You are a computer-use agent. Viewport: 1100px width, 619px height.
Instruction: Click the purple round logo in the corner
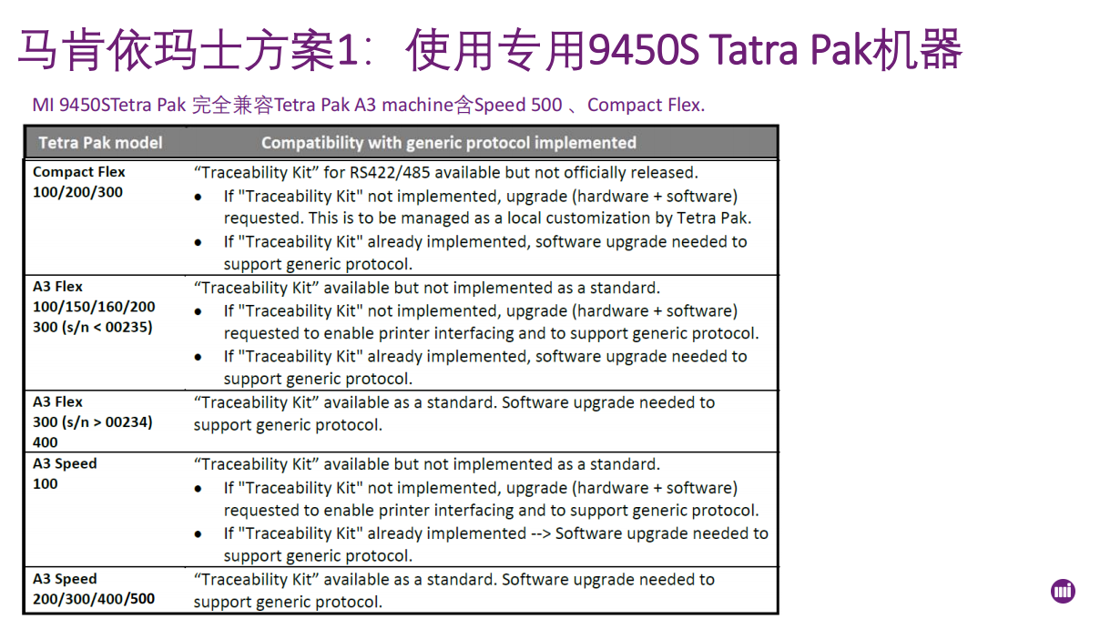point(1063,591)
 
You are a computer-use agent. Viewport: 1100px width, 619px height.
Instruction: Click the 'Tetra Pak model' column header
point(100,143)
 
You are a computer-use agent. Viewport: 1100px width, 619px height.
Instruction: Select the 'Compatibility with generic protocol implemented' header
point(449,143)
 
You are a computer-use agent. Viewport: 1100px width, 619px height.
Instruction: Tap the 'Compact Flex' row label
point(79,172)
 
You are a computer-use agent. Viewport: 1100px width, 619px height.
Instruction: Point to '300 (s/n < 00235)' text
point(93,327)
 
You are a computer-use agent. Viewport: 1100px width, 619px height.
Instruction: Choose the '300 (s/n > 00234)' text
point(93,422)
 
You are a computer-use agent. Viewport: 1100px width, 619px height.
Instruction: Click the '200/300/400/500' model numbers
point(94,599)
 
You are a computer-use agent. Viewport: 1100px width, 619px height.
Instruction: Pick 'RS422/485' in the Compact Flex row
point(390,172)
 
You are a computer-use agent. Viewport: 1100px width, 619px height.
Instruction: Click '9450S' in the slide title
point(643,49)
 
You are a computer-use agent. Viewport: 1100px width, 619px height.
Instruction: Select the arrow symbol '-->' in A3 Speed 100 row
point(541,533)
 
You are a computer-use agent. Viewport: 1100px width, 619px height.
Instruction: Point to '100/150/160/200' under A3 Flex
point(94,307)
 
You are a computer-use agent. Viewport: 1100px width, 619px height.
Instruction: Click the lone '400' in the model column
point(46,442)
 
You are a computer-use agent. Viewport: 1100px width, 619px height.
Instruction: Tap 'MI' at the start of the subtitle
point(43,105)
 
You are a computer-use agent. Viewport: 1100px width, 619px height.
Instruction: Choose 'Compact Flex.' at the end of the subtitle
point(647,105)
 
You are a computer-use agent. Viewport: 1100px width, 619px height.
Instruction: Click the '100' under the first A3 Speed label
point(46,484)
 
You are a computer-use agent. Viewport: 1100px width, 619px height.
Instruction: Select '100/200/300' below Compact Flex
point(77,192)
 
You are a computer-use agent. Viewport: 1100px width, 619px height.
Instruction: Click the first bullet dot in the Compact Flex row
point(198,198)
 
